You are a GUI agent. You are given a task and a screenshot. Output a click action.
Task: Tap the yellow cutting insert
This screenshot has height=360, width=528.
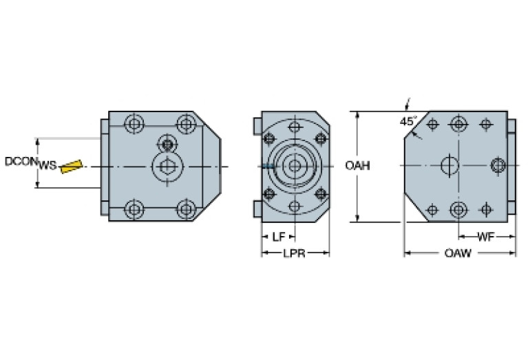click(70, 166)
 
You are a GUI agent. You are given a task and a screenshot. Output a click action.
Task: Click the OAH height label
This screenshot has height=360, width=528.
click(358, 166)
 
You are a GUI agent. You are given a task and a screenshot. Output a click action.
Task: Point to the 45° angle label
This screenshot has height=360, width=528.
click(408, 121)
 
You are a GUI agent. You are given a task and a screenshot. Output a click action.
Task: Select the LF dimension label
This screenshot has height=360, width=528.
click(278, 237)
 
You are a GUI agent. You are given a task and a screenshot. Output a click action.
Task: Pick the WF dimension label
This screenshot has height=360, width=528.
click(485, 237)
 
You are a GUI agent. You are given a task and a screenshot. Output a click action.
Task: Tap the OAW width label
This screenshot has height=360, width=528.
click(457, 254)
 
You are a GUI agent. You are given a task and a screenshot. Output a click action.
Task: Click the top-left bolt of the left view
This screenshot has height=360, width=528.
click(134, 125)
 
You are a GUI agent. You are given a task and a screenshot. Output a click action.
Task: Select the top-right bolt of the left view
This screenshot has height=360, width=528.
click(184, 125)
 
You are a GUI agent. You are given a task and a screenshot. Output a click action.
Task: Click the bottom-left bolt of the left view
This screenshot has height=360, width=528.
click(134, 208)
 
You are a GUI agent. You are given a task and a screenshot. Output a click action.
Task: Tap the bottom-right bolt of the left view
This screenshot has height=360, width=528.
click(184, 208)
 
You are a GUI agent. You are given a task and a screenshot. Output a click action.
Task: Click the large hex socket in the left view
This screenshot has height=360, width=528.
click(166, 166)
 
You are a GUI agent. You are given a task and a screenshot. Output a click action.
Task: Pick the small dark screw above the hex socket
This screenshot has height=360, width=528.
click(166, 143)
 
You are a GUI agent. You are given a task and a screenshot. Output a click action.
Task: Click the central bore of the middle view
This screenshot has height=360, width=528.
click(295, 166)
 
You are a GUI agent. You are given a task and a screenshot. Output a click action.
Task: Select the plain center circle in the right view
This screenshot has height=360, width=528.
click(449, 165)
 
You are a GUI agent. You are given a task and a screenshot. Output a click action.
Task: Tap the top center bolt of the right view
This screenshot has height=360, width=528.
click(458, 125)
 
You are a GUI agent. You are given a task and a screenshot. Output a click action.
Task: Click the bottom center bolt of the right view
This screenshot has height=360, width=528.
click(458, 209)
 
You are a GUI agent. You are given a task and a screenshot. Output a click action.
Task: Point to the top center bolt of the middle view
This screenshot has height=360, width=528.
click(295, 127)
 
